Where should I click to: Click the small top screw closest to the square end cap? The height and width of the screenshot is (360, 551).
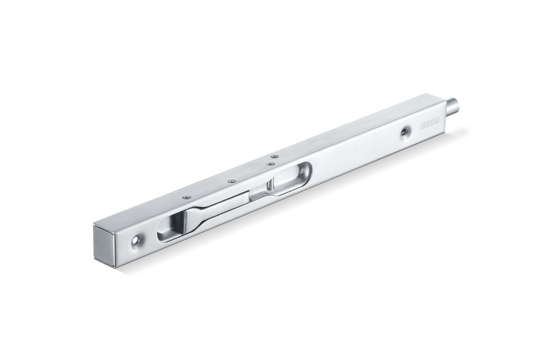click(186, 197)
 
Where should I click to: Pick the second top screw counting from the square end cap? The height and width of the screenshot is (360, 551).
click(231, 181)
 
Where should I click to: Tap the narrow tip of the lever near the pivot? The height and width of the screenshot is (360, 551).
click(253, 192)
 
